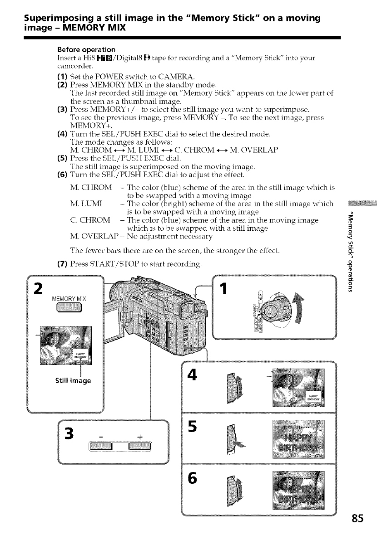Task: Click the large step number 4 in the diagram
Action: pos(193,376)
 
